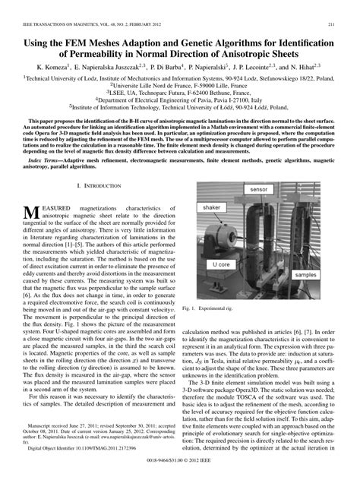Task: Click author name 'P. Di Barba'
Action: tap(169, 67)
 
